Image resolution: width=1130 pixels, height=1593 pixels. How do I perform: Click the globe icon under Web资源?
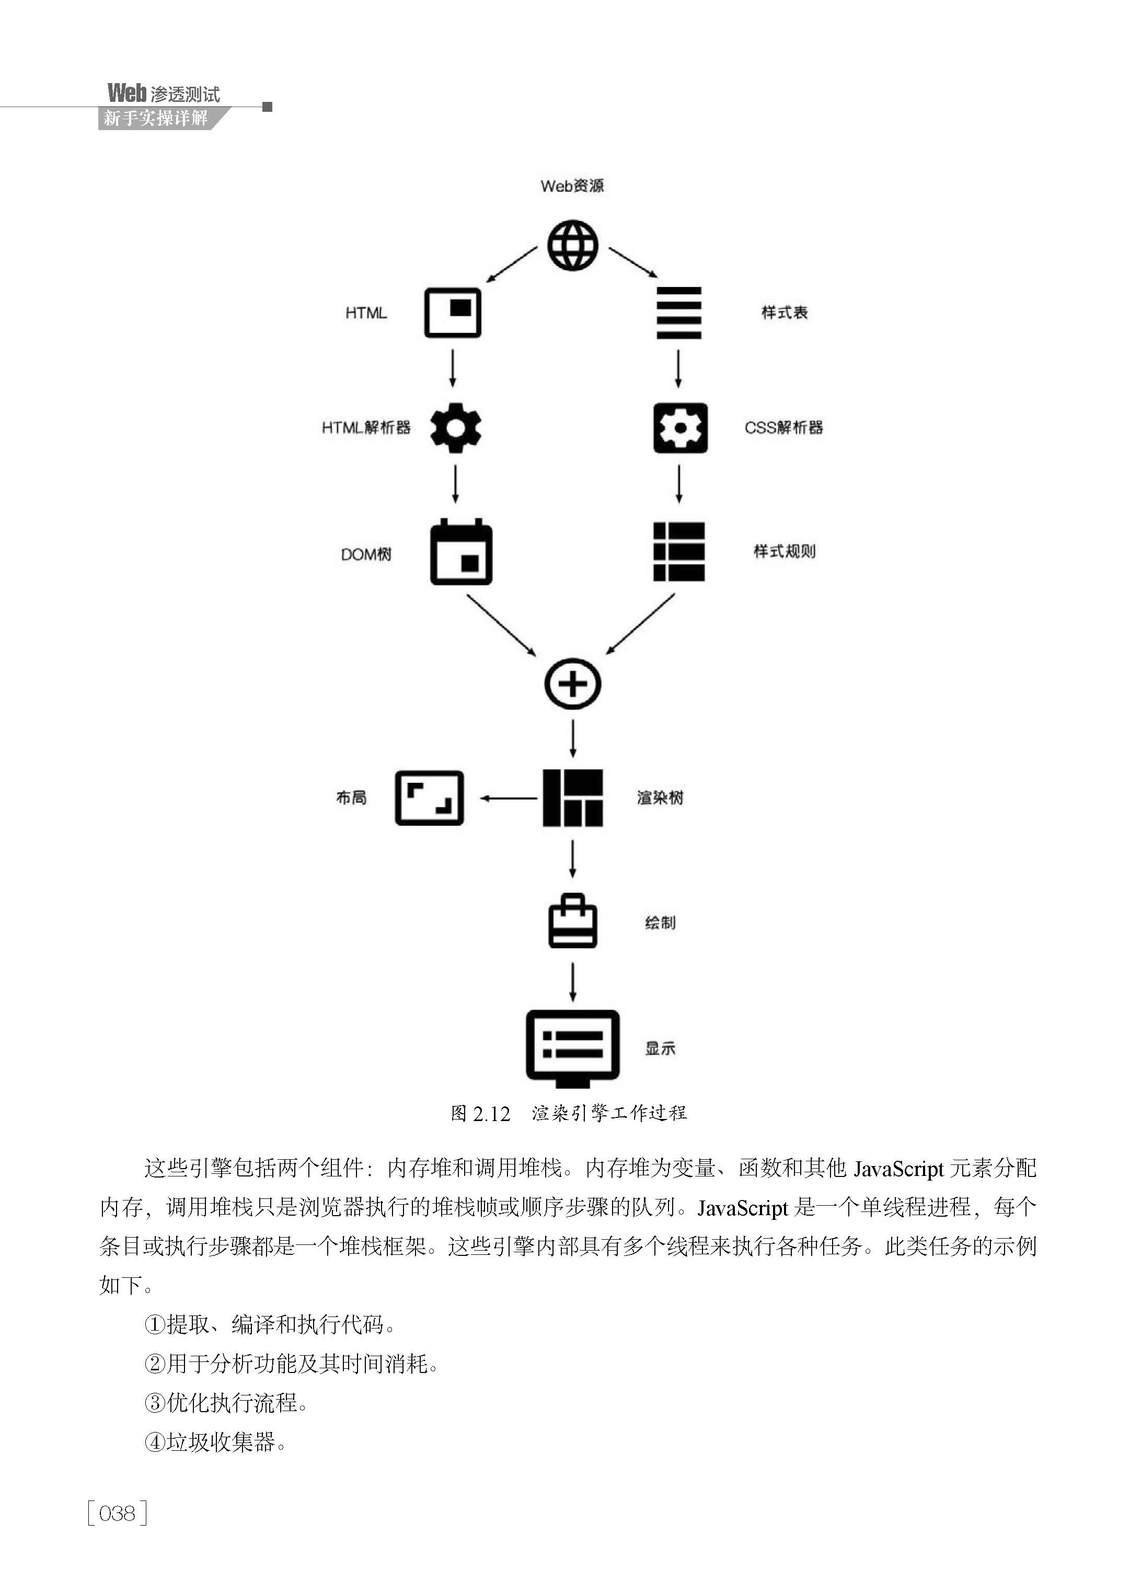[573, 245]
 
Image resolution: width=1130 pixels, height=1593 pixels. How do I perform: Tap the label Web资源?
[572, 186]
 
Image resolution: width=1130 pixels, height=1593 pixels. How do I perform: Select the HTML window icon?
[453, 313]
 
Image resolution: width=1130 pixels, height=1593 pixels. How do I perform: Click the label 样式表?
[784, 313]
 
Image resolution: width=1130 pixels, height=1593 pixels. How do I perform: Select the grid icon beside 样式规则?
[678, 551]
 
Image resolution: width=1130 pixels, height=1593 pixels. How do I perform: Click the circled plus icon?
[573, 684]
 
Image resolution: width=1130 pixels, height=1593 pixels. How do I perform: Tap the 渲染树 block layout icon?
[573, 798]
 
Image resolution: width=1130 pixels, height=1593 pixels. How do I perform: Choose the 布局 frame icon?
[429, 798]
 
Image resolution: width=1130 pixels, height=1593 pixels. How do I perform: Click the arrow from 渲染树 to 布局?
[508, 798]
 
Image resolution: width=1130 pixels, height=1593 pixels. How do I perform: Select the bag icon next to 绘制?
[573, 920]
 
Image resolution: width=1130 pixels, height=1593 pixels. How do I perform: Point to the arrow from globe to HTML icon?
[511, 264]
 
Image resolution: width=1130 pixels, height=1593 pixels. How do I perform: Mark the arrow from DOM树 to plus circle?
[501, 625]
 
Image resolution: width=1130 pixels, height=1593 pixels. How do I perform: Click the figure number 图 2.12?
[480, 1114]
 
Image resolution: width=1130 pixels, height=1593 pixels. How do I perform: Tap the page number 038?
[118, 1513]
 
